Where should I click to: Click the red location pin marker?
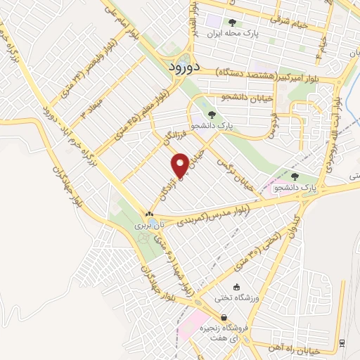point(181,165)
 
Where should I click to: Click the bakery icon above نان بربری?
point(149,214)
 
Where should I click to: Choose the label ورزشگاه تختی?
point(236,300)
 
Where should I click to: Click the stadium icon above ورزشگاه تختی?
point(236,287)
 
